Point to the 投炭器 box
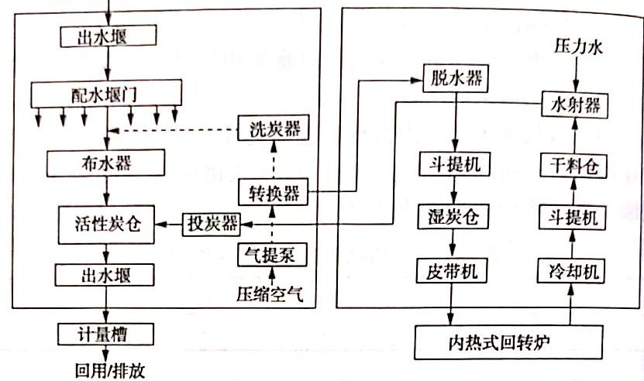211,224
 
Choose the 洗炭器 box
272,128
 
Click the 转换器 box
272,190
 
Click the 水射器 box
575,103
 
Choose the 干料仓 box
575,164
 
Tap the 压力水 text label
575,47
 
